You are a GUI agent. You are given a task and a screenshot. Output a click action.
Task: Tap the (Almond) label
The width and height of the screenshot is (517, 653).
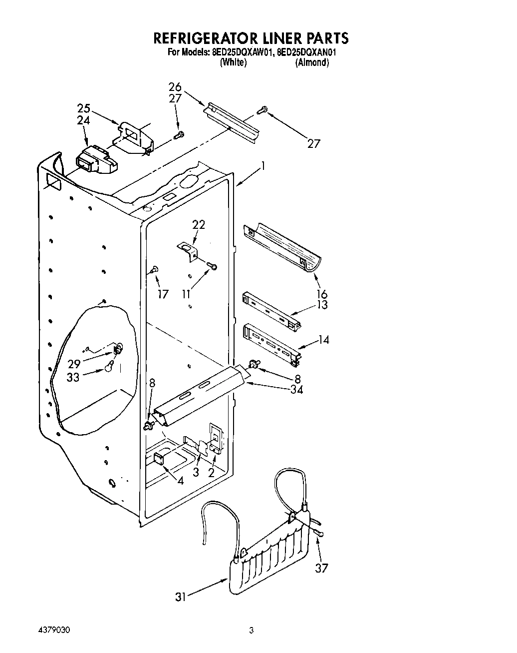(x=312, y=62)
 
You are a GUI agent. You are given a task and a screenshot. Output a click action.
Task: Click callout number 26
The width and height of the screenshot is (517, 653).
(x=175, y=87)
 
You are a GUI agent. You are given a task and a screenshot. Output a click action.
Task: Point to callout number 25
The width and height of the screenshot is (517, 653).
(x=84, y=108)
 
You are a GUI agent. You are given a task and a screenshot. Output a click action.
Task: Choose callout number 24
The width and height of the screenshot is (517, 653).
(x=84, y=120)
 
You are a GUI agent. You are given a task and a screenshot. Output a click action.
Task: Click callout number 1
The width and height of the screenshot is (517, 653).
(x=262, y=166)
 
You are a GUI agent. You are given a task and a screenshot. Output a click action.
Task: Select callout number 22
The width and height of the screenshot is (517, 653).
(x=199, y=225)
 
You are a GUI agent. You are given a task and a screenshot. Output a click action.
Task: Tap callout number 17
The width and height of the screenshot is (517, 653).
(x=163, y=294)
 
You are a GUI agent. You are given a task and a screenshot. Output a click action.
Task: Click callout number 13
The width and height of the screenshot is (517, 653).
(x=322, y=305)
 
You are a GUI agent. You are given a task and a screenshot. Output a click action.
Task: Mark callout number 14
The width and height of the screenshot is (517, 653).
(x=323, y=340)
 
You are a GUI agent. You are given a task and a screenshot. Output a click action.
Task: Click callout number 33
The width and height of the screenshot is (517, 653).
(x=73, y=377)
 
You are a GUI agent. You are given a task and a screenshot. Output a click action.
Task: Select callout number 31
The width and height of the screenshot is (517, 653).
(x=181, y=597)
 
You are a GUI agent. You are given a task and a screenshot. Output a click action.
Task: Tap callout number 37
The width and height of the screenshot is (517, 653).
(x=322, y=568)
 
